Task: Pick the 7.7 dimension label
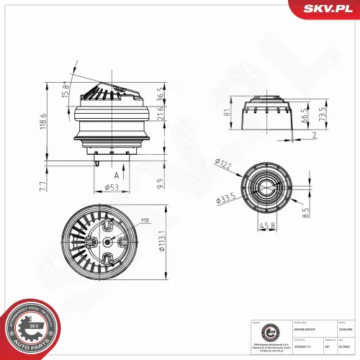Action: tap(44, 186)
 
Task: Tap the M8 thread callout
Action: tap(144, 220)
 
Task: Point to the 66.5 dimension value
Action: tap(305, 117)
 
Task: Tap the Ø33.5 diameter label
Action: tap(225, 198)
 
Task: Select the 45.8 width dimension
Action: tap(268, 225)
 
